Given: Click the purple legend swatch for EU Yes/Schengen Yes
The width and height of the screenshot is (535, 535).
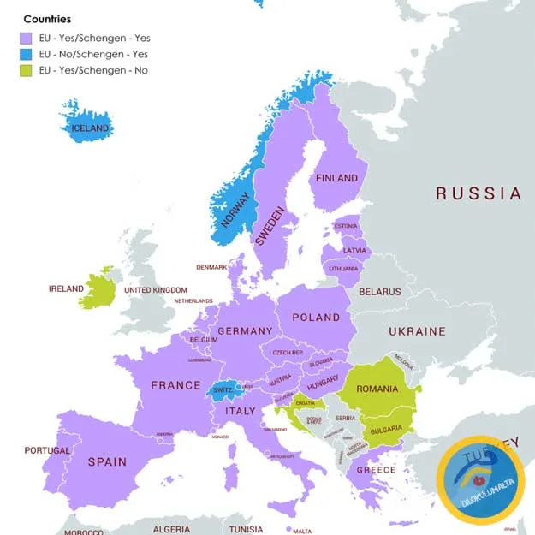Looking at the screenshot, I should pyautogui.click(x=26, y=38).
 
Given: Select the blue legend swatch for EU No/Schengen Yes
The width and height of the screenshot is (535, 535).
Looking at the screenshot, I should pyautogui.click(x=26, y=54).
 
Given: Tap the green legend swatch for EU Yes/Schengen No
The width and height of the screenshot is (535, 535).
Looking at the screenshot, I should pyautogui.click(x=26, y=70).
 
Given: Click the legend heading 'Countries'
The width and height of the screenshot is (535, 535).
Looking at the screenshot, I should pyautogui.click(x=47, y=19).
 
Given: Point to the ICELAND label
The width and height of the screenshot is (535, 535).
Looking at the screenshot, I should pyautogui.click(x=90, y=128).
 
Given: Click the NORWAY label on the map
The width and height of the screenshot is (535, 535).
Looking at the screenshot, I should pyautogui.click(x=236, y=209).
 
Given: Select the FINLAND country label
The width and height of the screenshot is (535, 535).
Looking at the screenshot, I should pyautogui.click(x=336, y=178).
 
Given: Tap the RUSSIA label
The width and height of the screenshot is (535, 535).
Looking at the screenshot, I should pyautogui.click(x=479, y=193).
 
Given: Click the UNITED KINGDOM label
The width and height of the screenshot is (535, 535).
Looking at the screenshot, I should pyautogui.click(x=156, y=290).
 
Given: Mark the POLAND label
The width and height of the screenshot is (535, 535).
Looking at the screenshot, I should pyautogui.click(x=316, y=317).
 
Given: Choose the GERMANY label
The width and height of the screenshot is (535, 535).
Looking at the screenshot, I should pyautogui.click(x=245, y=330).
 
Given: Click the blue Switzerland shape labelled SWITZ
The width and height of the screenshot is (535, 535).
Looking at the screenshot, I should pyautogui.click(x=223, y=389).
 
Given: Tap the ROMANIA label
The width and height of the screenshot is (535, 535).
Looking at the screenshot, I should pyautogui.click(x=377, y=389).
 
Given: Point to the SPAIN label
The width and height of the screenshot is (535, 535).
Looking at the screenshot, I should pyautogui.click(x=107, y=461).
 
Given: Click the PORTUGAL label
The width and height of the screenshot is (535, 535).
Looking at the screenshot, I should pyautogui.click(x=47, y=450).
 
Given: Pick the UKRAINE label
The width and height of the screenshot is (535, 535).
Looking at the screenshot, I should pyautogui.click(x=417, y=330).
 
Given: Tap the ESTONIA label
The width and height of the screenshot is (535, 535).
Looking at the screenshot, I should pyautogui.click(x=346, y=226).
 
